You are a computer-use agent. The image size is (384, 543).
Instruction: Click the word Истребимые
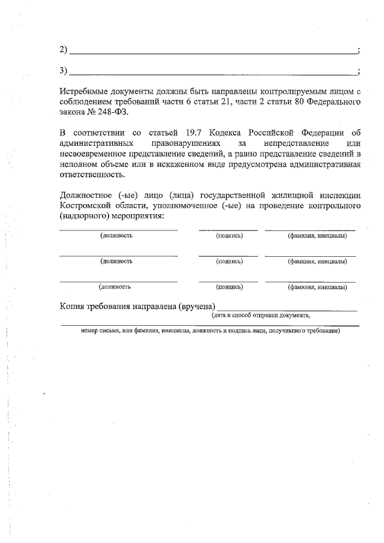[x=86, y=92]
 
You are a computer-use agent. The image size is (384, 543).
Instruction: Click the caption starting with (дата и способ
[x=260, y=315]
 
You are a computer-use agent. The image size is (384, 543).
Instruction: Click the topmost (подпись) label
[x=229, y=236]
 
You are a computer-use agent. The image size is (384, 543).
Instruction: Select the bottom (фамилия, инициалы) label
[x=316, y=287]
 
